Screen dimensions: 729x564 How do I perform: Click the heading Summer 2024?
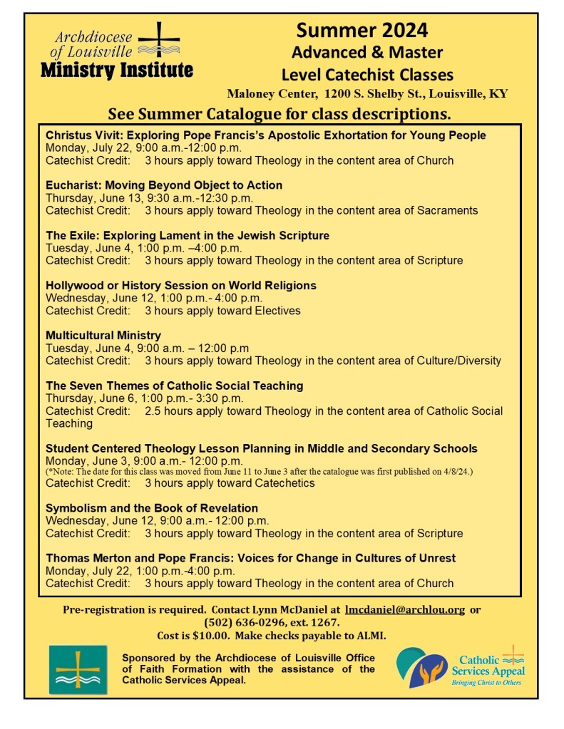pos(362,30)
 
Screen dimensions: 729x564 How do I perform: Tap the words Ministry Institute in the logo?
pos(116,70)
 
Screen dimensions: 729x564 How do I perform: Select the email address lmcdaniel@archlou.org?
pos(404,610)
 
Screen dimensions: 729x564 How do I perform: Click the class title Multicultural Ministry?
pos(103,335)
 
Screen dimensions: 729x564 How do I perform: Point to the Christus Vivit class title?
pos(265,135)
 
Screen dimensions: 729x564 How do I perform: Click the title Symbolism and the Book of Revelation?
pos(152,508)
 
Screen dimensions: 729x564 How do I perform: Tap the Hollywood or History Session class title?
pos(180,285)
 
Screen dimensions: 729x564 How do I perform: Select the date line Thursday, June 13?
pos(149,198)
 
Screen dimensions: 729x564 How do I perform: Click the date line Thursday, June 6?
pos(144,398)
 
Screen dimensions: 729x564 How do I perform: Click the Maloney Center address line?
pos(367,94)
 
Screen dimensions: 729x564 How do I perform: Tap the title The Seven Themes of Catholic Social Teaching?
pos(175,386)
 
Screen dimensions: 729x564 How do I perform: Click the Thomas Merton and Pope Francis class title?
pos(250,558)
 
